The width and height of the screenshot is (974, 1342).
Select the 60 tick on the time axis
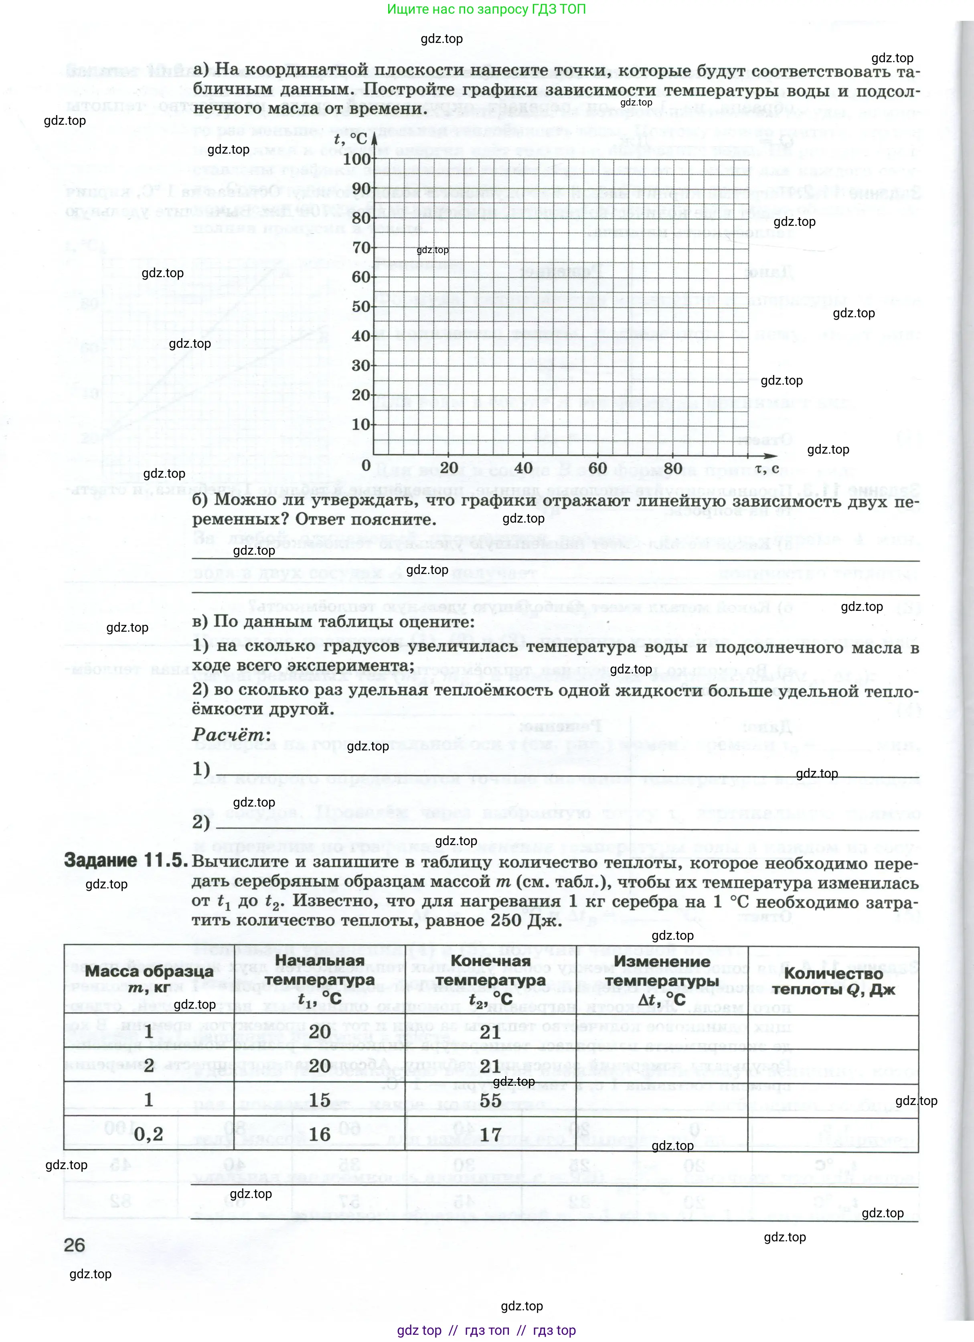click(x=597, y=467)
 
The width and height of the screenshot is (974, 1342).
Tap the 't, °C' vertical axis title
click(x=351, y=138)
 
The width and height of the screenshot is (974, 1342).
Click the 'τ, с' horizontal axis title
click(x=767, y=468)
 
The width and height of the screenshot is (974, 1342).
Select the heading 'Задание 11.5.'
click(x=126, y=860)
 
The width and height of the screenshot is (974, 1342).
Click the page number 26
click(x=75, y=1245)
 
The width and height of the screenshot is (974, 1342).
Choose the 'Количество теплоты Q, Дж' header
click(x=833, y=981)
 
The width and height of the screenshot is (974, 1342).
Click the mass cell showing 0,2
click(x=148, y=1134)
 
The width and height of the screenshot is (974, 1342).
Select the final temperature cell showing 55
click(x=490, y=1100)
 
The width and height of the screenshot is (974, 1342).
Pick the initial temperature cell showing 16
click(x=320, y=1134)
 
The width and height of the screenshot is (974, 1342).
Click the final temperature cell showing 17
click(x=490, y=1134)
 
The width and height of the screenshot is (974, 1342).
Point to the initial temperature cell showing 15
click(x=320, y=1100)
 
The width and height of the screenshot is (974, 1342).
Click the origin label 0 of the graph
click(x=366, y=465)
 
